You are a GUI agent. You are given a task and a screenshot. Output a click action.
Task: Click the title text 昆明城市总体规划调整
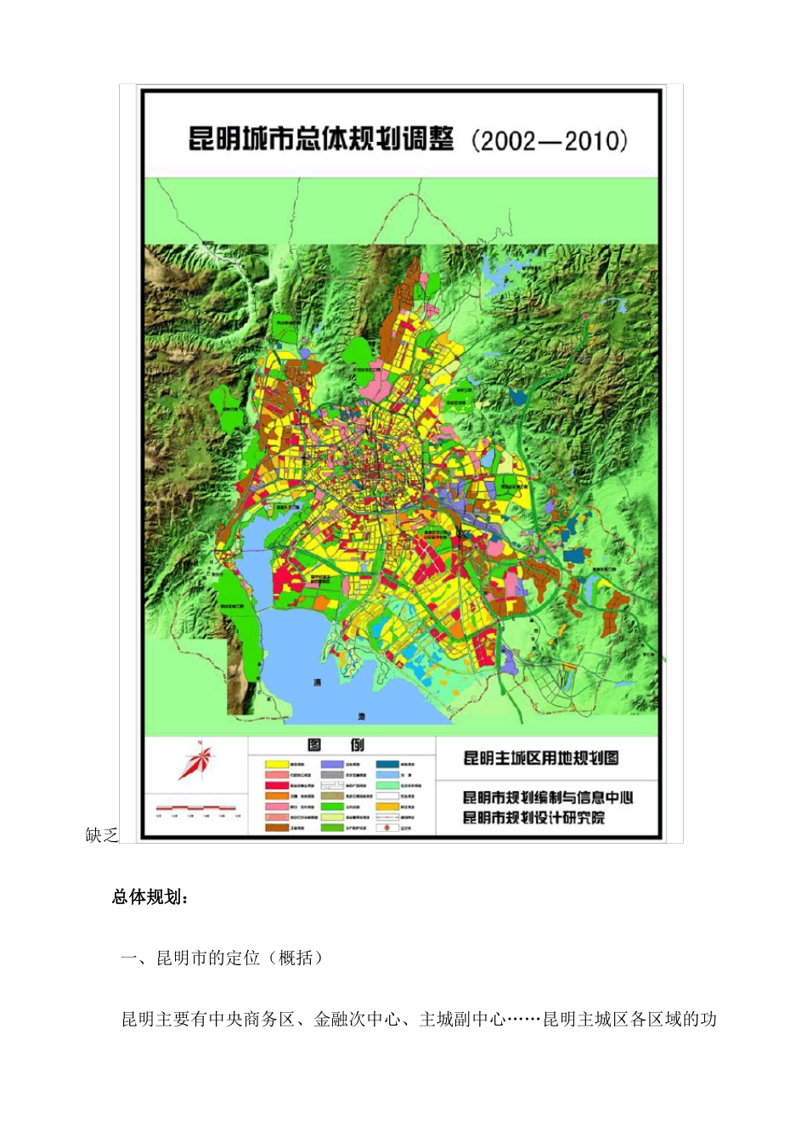pyautogui.click(x=321, y=139)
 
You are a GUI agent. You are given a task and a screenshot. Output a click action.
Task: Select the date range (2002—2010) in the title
pyautogui.click(x=550, y=140)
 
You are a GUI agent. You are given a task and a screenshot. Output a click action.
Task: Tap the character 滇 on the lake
pyautogui.click(x=318, y=682)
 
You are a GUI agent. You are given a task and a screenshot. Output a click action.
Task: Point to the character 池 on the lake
pyautogui.click(x=360, y=715)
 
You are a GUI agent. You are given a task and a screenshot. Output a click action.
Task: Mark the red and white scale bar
pyautogui.click(x=196, y=806)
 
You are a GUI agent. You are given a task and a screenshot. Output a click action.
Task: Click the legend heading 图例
pyautogui.click(x=336, y=745)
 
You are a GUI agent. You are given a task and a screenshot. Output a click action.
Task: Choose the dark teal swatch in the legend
pyautogui.click(x=387, y=765)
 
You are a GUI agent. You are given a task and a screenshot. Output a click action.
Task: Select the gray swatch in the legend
pyautogui.click(x=332, y=775)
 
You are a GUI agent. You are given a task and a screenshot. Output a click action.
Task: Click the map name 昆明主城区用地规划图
pyautogui.click(x=541, y=758)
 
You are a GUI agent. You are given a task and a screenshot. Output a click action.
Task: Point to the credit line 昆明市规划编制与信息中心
pyautogui.click(x=548, y=797)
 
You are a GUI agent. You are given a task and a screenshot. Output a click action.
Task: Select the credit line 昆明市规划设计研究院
pyautogui.click(x=534, y=817)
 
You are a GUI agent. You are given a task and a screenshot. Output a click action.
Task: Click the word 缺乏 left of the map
pyautogui.click(x=101, y=835)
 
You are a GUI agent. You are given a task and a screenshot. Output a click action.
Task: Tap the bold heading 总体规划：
pyautogui.click(x=150, y=897)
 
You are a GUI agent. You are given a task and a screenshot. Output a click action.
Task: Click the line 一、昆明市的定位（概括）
pyautogui.click(x=223, y=958)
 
